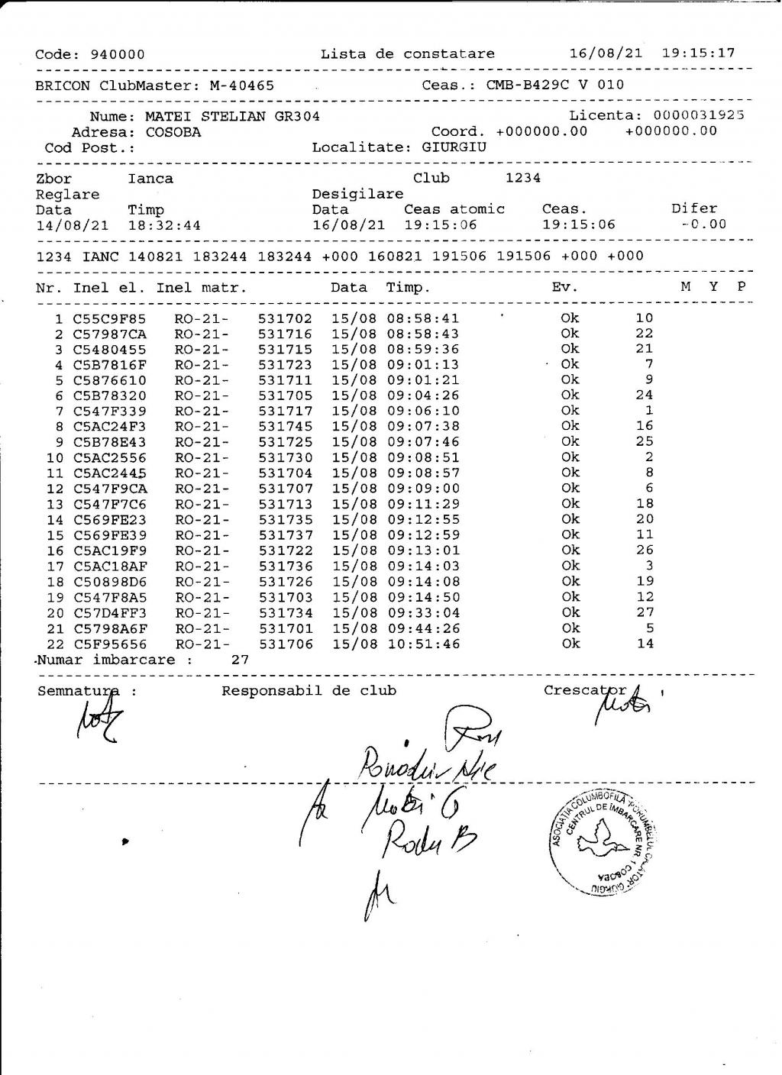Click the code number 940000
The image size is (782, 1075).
(118, 54)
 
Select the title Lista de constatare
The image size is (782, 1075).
(407, 53)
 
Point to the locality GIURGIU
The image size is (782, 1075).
(454, 147)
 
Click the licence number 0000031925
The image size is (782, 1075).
(699, 115)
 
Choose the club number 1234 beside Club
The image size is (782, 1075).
(522, 178)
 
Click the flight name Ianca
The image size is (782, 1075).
(150, 179)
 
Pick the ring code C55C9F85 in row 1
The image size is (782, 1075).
(110, 318)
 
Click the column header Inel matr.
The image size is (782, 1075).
(202, 288)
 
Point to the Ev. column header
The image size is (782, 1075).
(564, 288)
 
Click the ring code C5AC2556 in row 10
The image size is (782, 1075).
(110, 457)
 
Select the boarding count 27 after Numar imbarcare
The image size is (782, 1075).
(240, 660)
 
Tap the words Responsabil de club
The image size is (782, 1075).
(309, 691)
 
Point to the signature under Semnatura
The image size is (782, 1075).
(98, 722)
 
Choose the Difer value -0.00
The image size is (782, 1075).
(703, 224)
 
